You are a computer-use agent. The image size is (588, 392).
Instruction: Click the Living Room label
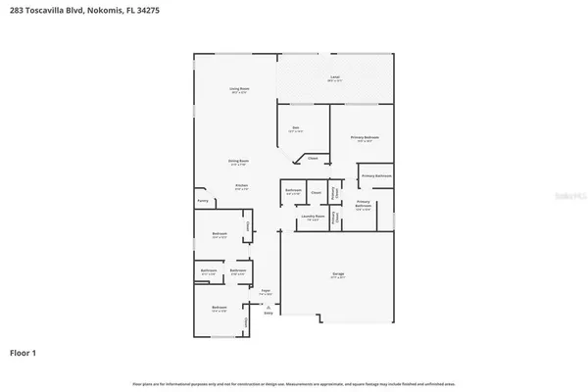tap(237, 89)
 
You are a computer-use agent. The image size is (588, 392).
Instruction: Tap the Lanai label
tap(334, 76)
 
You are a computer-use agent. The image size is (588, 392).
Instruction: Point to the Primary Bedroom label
tap(365, 137)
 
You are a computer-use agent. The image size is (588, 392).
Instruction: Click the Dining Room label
tap(237, 161)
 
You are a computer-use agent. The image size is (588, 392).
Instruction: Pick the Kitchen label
tap(240, 185)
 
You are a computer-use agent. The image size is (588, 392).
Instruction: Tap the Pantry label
tap(202, 200)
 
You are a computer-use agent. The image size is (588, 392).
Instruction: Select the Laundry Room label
tap(314, 218)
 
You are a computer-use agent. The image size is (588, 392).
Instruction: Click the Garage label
tap(337, 273)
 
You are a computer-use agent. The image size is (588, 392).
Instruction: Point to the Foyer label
tap(266, 291)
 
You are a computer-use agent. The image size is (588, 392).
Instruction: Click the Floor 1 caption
tap(24, 351)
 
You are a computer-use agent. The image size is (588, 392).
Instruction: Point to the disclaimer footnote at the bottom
tap(294, 381)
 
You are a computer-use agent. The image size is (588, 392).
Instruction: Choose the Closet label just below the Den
tap(313, 158)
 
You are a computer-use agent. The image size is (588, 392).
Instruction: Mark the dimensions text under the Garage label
tap(337, 278)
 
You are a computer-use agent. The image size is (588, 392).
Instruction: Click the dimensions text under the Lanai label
tap(334, 81)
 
